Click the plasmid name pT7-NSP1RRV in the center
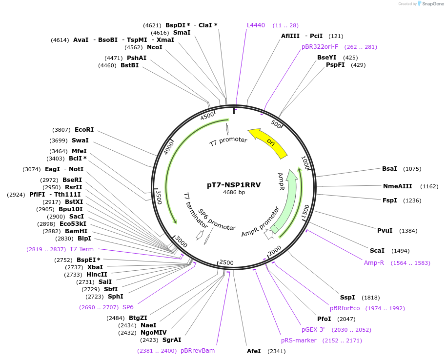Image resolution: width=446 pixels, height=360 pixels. click(x=234, y=185)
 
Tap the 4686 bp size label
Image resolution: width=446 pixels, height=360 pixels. click(x=234, y=193)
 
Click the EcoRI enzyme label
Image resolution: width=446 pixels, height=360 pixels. click(x=84, y=130)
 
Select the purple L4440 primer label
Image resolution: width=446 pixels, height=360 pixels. click(x=256, y=25)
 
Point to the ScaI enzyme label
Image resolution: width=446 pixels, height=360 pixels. click(x=377, y=250)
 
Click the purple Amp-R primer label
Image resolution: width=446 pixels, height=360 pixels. click(x=374, y=263)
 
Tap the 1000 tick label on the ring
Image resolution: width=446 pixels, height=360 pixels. click(x=305, y=162)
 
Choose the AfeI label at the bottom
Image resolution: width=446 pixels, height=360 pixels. click(x=254, y=351)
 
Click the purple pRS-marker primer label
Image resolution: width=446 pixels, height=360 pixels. click(x=299, y=340)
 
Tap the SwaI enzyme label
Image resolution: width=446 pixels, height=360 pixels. click(x=80, y=140)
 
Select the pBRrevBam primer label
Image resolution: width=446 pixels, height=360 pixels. click(x=198, y=350)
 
